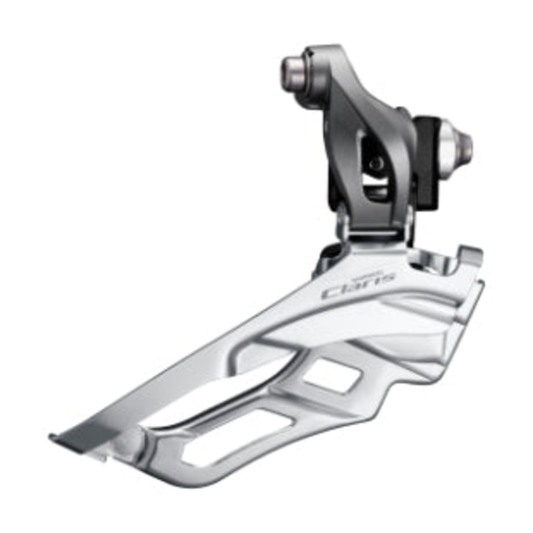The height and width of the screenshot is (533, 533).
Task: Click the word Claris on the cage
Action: (x=358, y=284)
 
